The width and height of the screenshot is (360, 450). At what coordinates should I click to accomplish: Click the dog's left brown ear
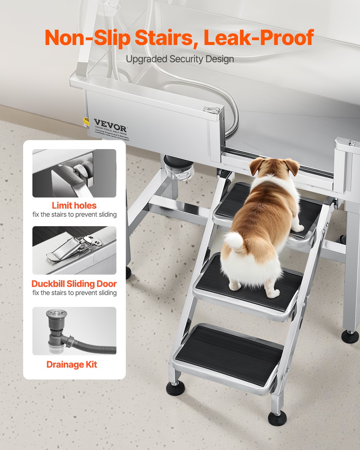click(x=256, y=166)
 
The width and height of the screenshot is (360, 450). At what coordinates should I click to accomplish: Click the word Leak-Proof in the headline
click(x=259, y=38)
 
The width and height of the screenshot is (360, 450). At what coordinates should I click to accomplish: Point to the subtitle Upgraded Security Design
click(x=180, y=59)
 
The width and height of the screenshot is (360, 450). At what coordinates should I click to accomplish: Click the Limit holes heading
click(x=74, y=205)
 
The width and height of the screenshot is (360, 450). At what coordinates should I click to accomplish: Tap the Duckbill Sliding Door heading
click(x=74, y=284)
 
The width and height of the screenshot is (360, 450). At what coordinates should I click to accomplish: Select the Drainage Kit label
click(x=72, y=364)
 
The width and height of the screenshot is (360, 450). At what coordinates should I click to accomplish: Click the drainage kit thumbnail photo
click(x=74, y=331)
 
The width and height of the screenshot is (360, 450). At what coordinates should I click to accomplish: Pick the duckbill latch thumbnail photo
click(x=74, y=250)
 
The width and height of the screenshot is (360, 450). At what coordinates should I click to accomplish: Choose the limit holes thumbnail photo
click(x=74, y=173)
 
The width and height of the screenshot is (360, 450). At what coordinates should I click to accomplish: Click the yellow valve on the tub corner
click(x=86, y=121)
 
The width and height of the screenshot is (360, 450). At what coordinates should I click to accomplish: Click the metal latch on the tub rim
click(x=212, y=110)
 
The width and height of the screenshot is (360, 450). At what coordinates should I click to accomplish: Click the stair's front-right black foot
click(x=277, y=418)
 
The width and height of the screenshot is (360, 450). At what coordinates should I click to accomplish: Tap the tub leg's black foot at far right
click(x=350, y=337)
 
